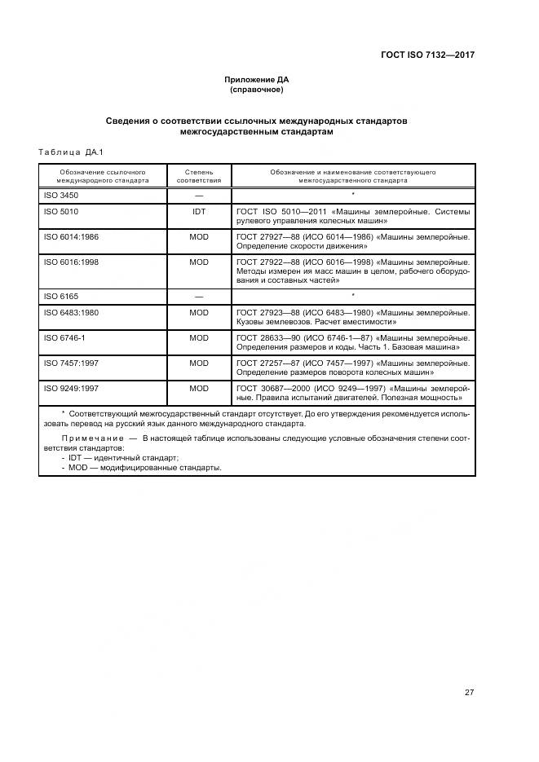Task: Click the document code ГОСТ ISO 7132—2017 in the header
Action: point(427,55)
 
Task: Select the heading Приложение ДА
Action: point(257,80)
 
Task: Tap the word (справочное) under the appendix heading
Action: point(257,90)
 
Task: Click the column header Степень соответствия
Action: point(199,177)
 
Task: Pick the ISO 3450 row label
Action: point(61,196)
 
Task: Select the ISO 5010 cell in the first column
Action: point(61,211)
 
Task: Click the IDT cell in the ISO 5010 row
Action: point(199,211)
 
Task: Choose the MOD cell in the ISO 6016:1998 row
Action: point(199,262)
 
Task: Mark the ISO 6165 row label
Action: point(61,297)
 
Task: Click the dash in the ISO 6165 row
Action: point(199,297)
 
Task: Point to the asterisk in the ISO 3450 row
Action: point(352,195)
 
